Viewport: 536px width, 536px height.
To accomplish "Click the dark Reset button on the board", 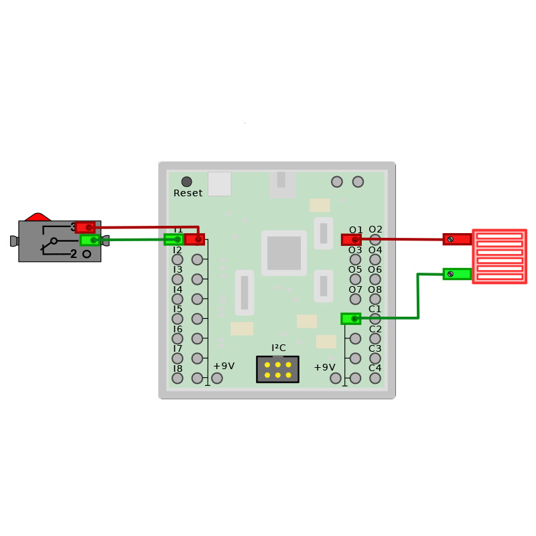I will (186, 182).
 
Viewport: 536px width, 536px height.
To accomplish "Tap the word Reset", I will (188, 194).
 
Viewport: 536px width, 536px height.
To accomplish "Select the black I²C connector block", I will (277, 369).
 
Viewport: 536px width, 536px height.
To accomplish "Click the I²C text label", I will (278, 348).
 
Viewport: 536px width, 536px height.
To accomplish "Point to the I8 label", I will (178, 368).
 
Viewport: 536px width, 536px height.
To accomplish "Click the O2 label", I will (375, 230).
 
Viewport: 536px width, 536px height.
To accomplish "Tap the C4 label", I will (375, 368).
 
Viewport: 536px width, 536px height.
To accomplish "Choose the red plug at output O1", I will (351, 239).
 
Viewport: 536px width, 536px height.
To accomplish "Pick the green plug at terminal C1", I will (350, 318).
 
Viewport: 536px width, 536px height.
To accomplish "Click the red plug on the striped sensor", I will (457, 239).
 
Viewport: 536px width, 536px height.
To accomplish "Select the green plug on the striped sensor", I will (457, 273).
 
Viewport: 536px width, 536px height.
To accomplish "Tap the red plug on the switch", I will (85, 227).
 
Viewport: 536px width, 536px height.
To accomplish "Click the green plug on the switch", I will (90, 240).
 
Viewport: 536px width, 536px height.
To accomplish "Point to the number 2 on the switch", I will (74, 254).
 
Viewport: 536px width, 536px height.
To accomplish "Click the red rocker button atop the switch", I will (38, 217).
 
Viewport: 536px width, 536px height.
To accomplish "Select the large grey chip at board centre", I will (284, 253).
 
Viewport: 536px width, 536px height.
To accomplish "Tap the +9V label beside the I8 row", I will (224, 366).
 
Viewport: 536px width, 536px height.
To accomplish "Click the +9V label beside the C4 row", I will (324, 367).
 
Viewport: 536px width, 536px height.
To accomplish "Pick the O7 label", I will (355, 289).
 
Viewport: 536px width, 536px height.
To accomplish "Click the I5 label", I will (178, 309).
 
